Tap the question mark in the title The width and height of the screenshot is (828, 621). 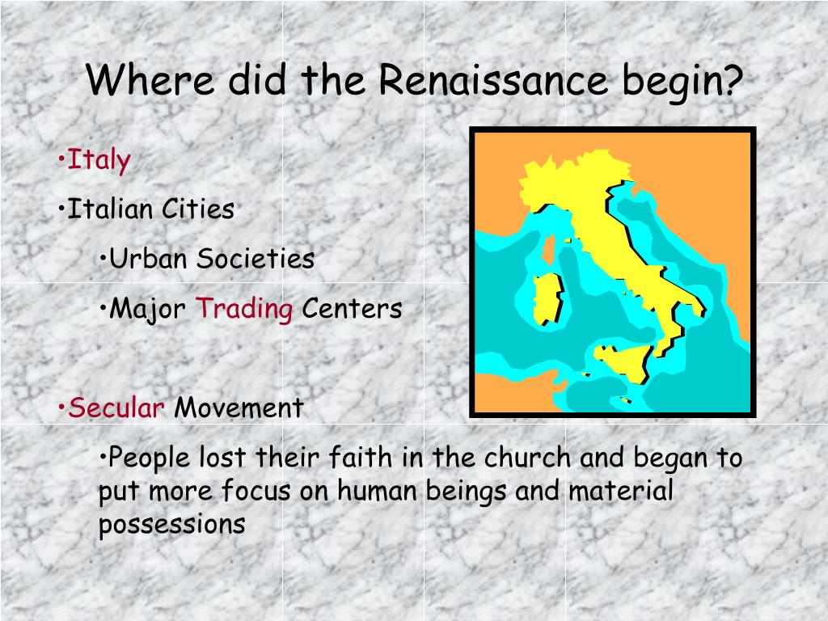(x=733, y=79)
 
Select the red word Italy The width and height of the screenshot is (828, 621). (x=98, y=161)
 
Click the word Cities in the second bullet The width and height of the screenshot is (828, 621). (x=198, y=209)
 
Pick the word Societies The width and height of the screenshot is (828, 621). (x=256, y=259)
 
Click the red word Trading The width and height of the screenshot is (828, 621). (x=244, y=310)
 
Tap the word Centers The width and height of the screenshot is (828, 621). (x=352, y=309)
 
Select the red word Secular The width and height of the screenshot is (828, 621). (x=116, y=408)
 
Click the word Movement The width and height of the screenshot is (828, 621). (x=239, y=408)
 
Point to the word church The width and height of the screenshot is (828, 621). (x=527, y=458)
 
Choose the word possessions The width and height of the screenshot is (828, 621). (x=172, y=525)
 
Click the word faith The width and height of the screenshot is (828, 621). (x=360, y=458)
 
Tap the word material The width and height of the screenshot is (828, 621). (x=621, y=491)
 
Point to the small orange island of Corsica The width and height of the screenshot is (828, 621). (x=549, y=251)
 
